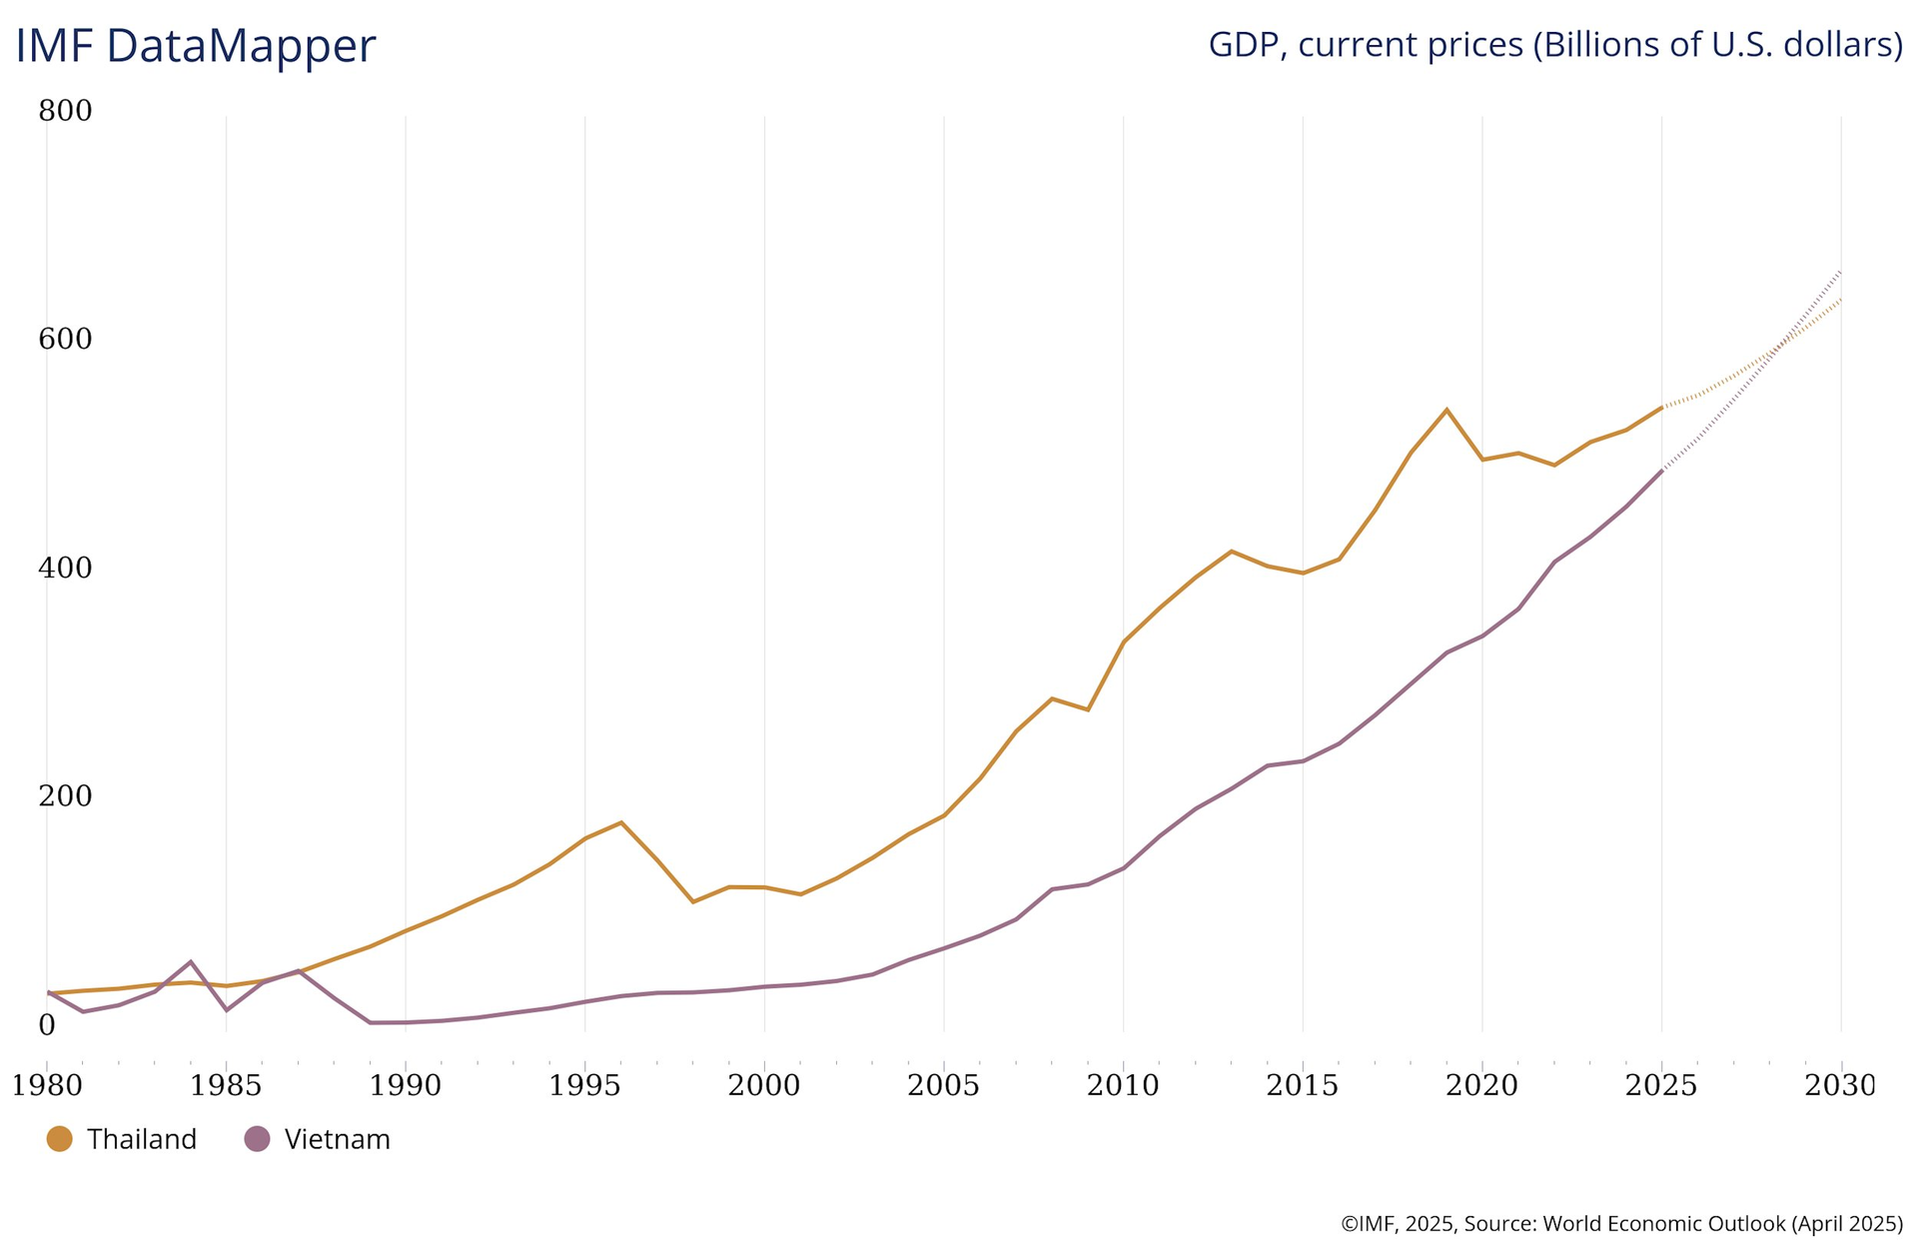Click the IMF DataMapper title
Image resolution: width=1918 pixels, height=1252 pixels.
[195, 46]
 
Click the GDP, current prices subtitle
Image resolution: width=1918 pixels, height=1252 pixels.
[1554, 45]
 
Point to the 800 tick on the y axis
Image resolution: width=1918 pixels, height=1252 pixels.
[65, 111]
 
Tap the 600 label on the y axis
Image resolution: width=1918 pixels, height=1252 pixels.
[65, 340]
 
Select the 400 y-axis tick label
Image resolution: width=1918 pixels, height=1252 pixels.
[65, 568]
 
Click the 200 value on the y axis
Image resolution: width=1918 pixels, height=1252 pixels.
[65, 796]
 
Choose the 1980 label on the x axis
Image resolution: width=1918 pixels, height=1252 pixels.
[46, 1085]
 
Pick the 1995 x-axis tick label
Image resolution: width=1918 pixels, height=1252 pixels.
[584, 1085]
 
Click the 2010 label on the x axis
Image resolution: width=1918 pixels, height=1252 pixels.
[1123, 1085]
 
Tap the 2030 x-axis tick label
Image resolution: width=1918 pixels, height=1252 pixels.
[1840, 1085]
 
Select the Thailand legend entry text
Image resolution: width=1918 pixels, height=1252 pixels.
[141, 1139]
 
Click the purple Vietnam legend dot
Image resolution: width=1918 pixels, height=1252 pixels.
[257, 1138]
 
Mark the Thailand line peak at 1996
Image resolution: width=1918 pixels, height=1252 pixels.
[621, 822]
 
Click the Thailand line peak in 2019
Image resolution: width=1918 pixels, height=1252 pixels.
[1446, 410]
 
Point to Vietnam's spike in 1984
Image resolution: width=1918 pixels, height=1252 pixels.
[191, 961]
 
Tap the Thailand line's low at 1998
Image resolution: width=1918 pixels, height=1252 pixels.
[693, 902]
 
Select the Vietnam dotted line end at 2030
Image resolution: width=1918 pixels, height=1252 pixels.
[1840, 271]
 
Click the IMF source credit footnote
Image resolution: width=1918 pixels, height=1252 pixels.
[1620, 1223]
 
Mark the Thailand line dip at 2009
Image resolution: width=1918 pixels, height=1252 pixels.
[1087, 709]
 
